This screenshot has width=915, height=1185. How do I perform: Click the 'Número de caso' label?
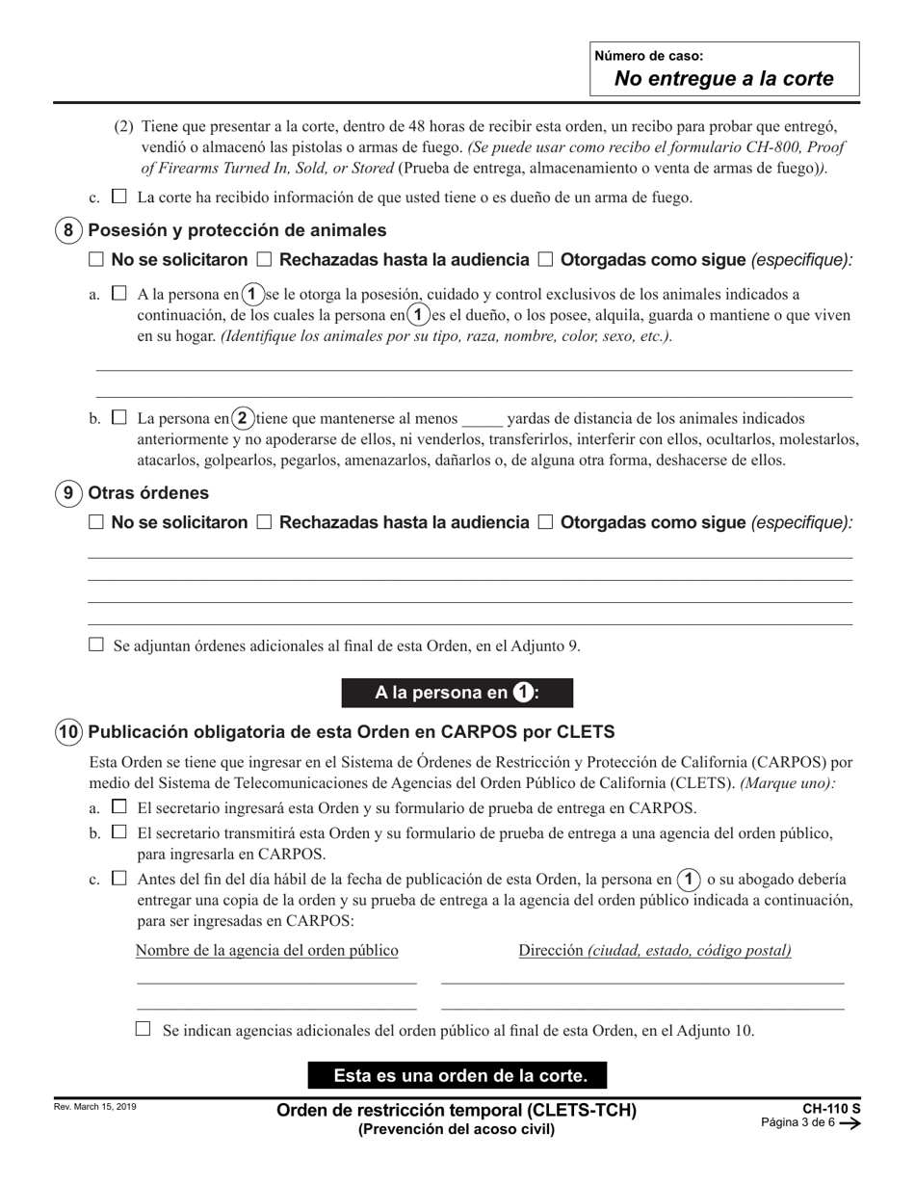tap(648, 56)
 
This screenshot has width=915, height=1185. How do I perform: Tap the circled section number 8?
tap(67, 230)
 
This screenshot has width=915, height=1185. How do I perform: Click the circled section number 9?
tap(67, 492)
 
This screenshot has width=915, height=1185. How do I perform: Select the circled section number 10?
tap(67, 731)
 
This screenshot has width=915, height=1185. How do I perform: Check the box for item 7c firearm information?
tap(119, 197)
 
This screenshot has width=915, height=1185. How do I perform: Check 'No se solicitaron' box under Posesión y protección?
tap(95, 259)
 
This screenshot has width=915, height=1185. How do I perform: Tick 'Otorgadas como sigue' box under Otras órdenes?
tap(545, 522)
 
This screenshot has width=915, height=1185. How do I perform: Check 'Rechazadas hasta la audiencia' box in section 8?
tap(264, 259)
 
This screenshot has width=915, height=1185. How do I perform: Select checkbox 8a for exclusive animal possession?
tap(119, 293)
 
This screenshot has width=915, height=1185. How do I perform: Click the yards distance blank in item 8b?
tap(482, 420)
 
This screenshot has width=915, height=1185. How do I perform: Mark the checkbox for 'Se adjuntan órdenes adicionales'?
tap(95, 645)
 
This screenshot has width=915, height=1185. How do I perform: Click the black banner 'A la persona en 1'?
tap(457, 693)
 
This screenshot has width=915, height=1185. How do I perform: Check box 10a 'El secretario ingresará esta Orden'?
tap(119, 806)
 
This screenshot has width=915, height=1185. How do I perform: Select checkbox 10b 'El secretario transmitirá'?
tap(119, 831)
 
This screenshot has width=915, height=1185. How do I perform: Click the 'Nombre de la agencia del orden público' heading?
tap(267, 951)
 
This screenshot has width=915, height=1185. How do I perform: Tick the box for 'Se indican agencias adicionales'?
tap(144, 1029)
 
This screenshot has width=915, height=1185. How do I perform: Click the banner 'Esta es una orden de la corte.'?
tap(457, 1075)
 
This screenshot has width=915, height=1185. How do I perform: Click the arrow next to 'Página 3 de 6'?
tap(850, 1123)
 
